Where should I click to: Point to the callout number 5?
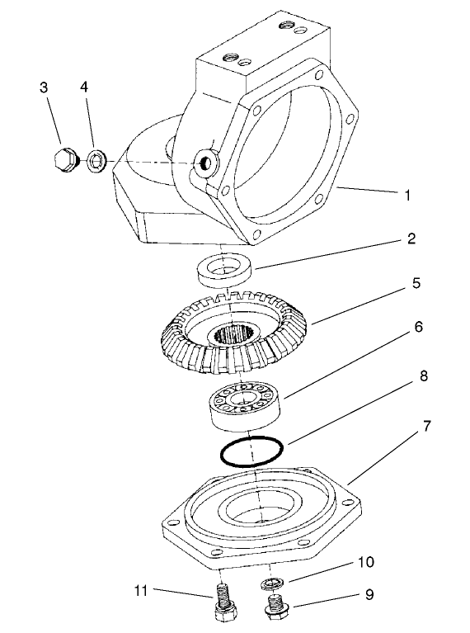[416, 283]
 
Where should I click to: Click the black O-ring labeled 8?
[251, 451]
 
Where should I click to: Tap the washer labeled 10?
[271, 585]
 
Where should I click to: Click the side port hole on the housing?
[202, 163]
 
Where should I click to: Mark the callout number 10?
[365, 563]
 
